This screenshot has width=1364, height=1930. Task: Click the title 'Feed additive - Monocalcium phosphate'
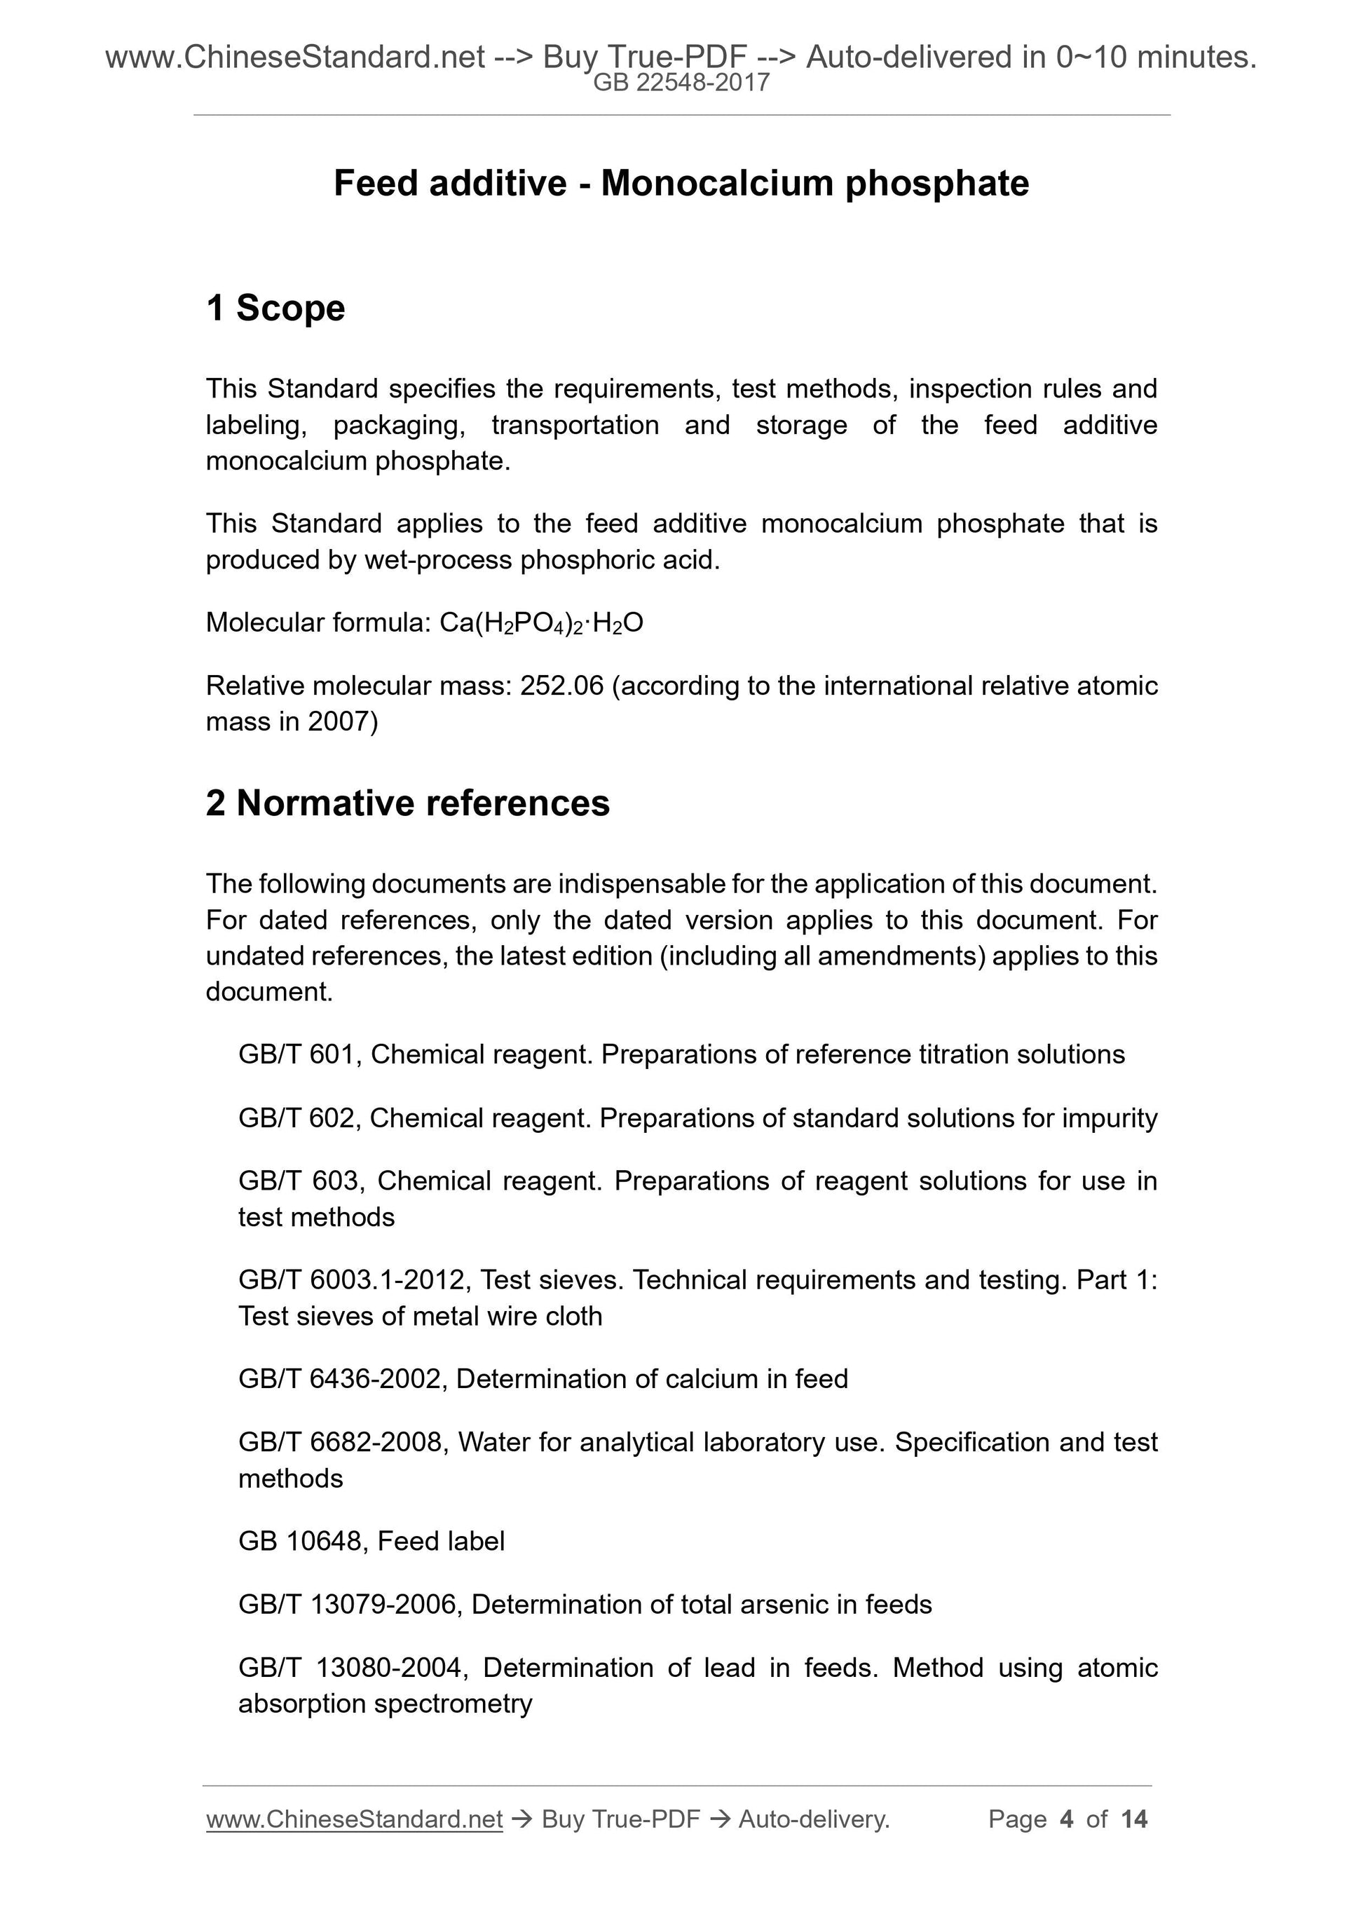tap(681, 183)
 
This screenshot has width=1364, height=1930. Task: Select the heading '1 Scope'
tap(275, 308)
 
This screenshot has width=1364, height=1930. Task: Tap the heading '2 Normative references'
tap(408, 803)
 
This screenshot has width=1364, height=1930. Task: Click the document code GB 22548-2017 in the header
tap(681, 83)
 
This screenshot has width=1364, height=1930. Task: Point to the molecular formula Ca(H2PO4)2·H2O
tap(541, 623)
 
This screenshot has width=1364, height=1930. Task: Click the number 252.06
tap(561, 686)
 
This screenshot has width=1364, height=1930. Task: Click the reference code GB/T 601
tap(296, 1054)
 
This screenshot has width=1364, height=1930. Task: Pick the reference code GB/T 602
tap(296, 1118)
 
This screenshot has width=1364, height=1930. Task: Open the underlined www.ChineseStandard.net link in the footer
tap(354, 1820)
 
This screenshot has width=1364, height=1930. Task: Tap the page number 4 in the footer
tap(1067, 1820)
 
